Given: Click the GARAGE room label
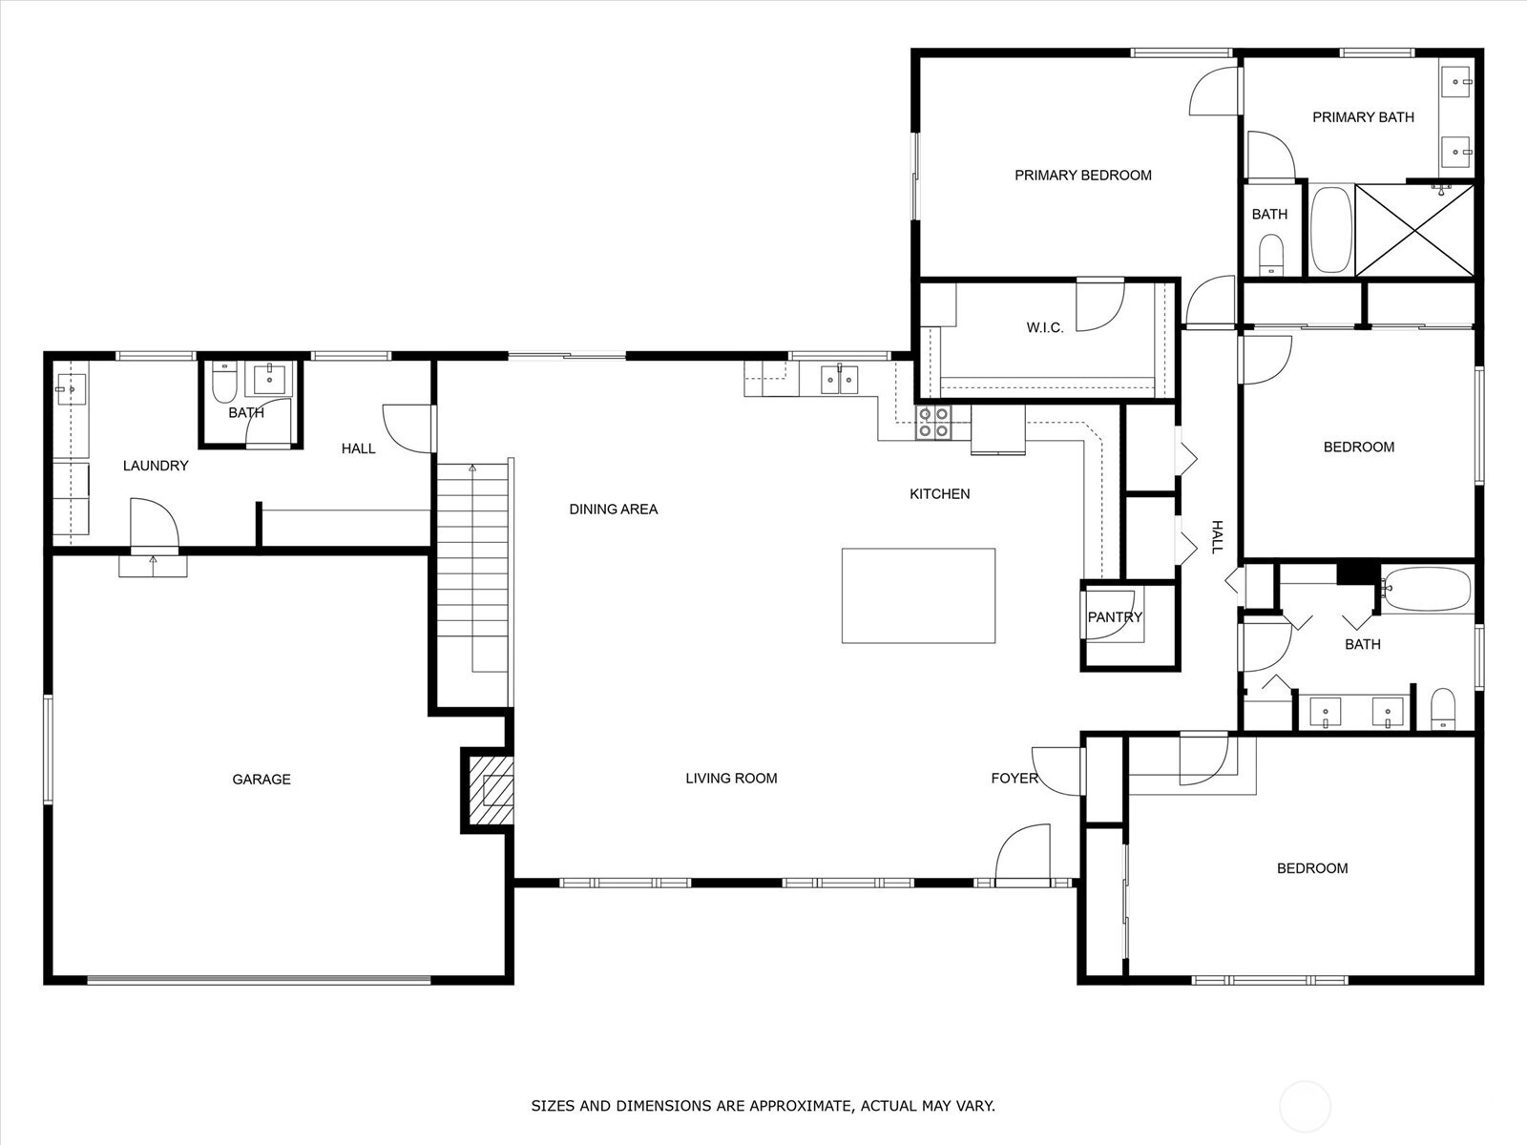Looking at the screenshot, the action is tap(261, 780).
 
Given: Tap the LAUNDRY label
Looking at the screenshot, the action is tap(156, 466).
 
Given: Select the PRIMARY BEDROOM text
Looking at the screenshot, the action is tap(1083, 176).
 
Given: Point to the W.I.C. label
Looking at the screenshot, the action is tap(1045, 327).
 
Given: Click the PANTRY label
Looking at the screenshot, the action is tap(1115, 616).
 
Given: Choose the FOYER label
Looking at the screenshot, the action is tap(1015, 778).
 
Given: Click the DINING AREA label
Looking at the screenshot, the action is tap(614, 510).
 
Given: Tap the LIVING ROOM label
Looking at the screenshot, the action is tap(731, 779).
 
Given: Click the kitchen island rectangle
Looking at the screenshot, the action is tap(918, 595).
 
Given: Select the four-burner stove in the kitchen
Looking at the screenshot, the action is tap(932, 423).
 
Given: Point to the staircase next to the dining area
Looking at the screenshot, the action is tap(472, 568).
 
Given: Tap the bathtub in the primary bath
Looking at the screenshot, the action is tap(1330, 229).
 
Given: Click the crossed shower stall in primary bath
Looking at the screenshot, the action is tap(1414, 229).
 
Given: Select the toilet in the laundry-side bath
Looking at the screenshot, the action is tap(223, 383).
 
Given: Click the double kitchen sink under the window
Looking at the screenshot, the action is tap(840, 380).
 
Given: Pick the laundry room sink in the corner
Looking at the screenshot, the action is tap(71, 389).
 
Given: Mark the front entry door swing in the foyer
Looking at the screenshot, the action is tap(1023, 854).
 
